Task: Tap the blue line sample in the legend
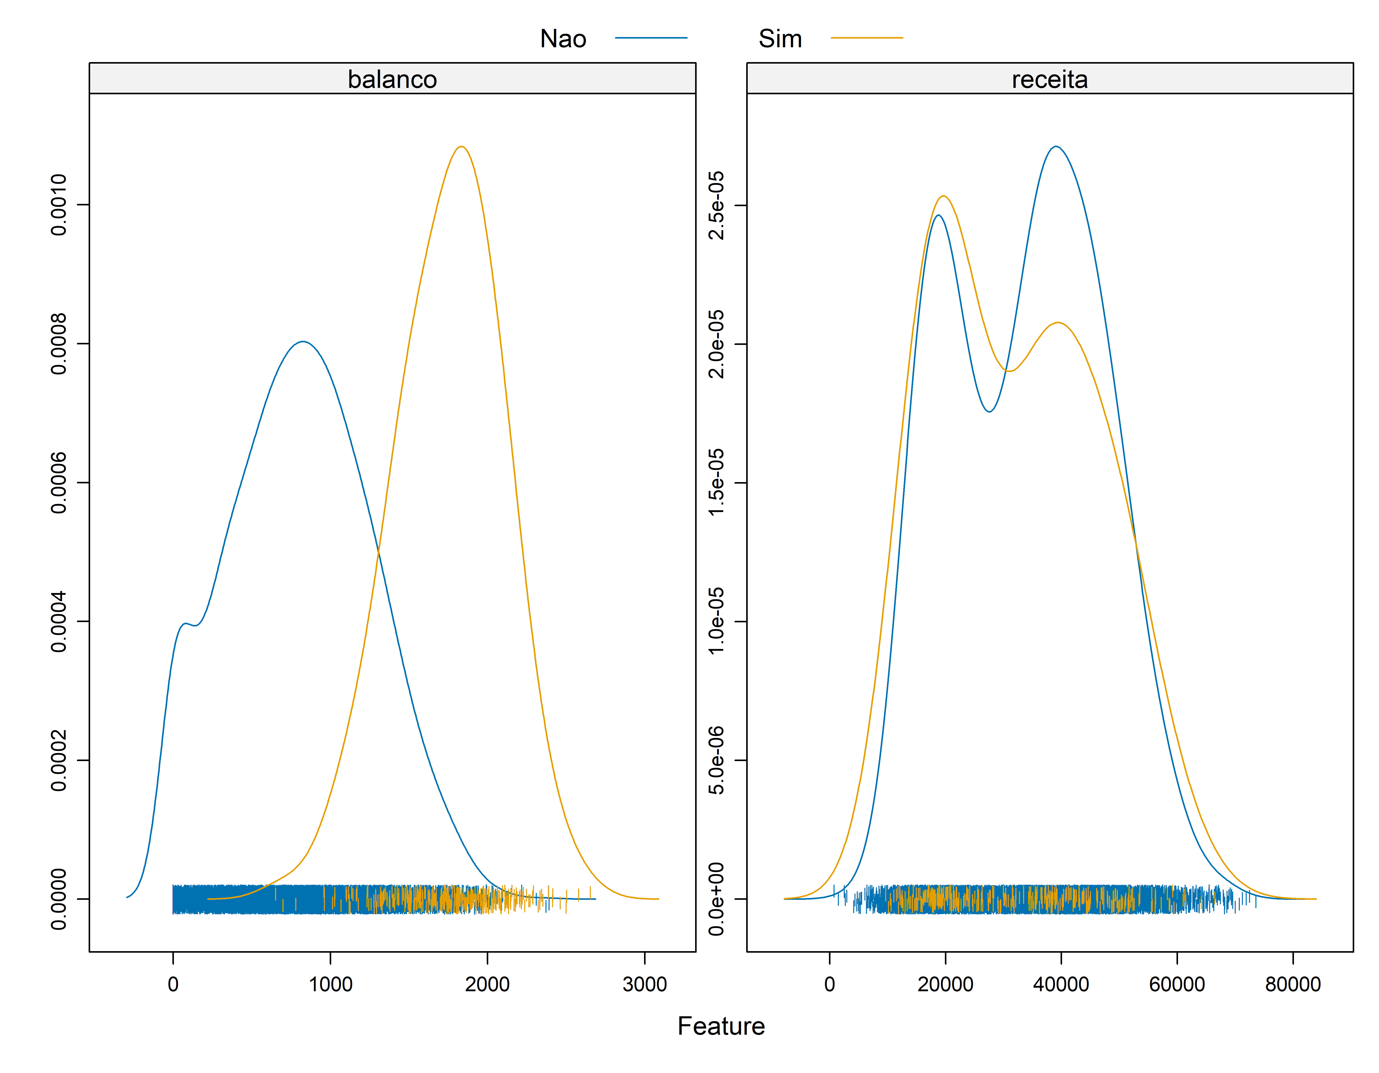click(651, 38)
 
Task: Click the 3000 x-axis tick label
click(645, 984)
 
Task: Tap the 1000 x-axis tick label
click(330, 984)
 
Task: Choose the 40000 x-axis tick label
click(1061, 984)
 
